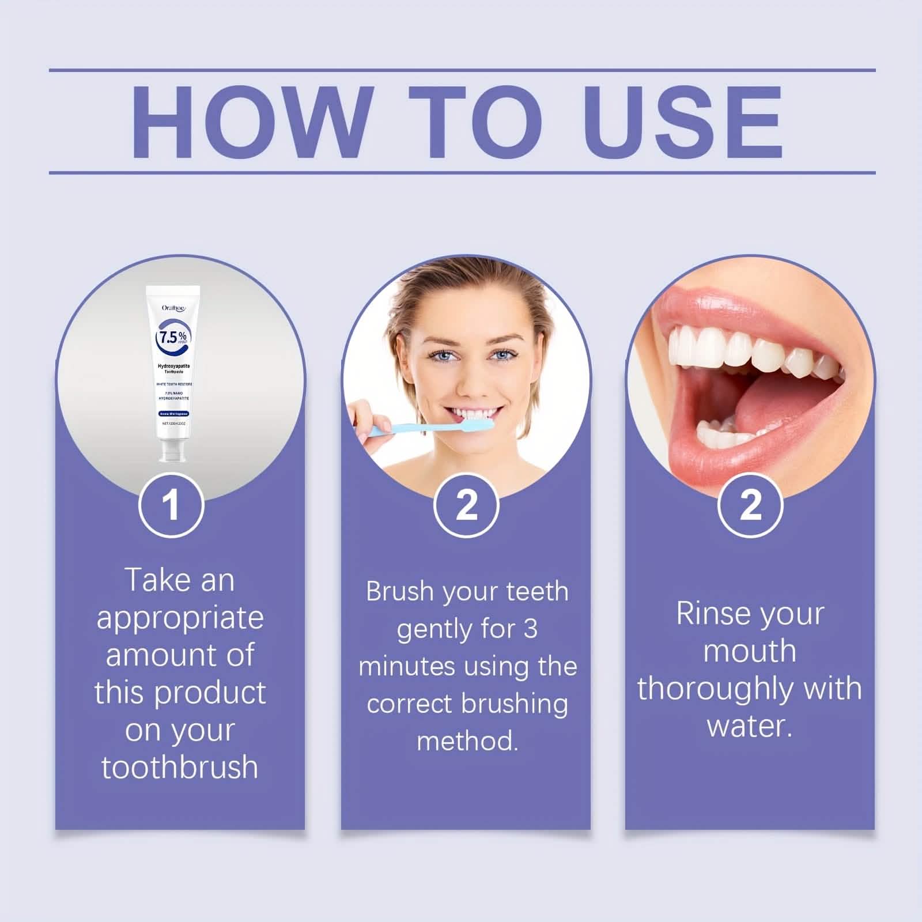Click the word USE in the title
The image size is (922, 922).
click(x=686, y=122)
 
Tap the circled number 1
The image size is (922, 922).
click(x=171, y=505)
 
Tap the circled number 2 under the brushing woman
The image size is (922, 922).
click(x=466, y=505)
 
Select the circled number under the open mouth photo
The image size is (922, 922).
click(x=750, y=505)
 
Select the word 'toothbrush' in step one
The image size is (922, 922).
click(x=180, y=768)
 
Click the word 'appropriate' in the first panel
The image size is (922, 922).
click(x=180, y=618)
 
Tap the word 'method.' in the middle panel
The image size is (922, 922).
click(x=467, y=741)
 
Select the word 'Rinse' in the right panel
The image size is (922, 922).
click(x=713, y=613)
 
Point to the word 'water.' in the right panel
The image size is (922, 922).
click(x=750, y=726)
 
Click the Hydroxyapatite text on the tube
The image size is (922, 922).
click(x=173, y=366)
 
